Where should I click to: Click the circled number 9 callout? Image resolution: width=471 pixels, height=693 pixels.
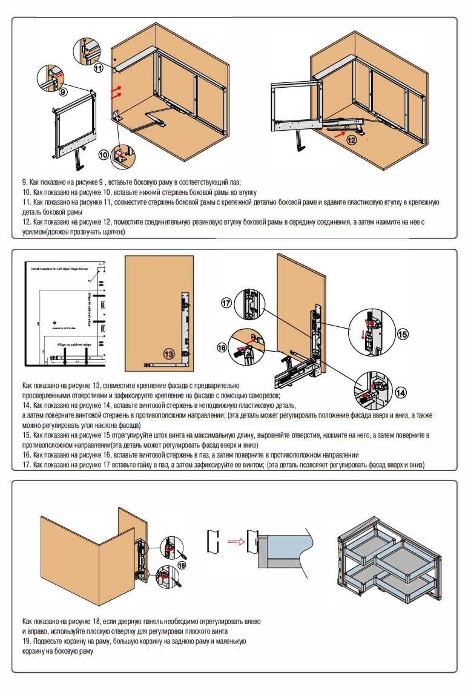[x=62, y=93]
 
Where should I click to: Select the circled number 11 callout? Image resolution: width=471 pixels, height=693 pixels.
[x=99, y=68]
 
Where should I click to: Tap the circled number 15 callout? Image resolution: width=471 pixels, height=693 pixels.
[x=403, y=333]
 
